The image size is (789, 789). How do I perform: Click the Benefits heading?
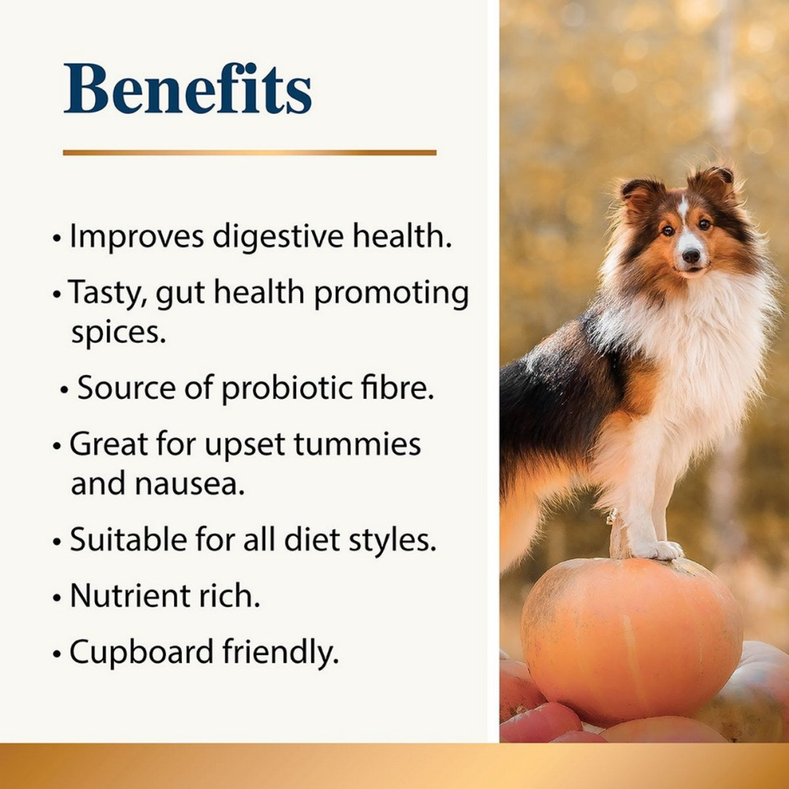click(188, 90)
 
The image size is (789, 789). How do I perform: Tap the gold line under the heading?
click(249, 153)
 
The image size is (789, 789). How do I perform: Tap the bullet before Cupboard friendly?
click(57, 654)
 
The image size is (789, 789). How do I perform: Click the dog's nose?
click(690, 256)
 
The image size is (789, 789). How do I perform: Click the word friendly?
click(285, 652)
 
